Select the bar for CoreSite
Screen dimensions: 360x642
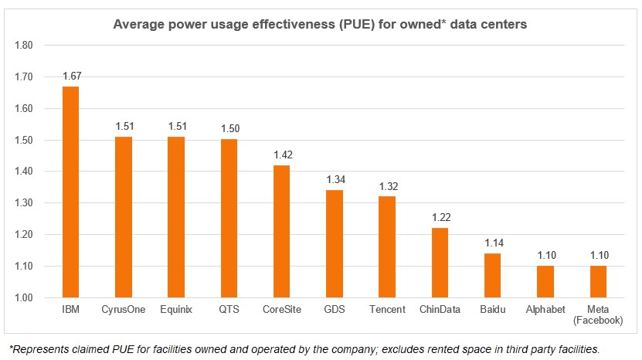pyautogui.click(x=281, y=231)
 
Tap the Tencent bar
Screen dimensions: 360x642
pyautogui.click(x=386, y=246)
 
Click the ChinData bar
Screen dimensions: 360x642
pyautogui.click(x=440, y=263)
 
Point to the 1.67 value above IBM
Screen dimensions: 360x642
pyautogui.click(x=71, y=76)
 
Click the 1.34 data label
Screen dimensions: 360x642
pyautogui.click(x=335, y=180)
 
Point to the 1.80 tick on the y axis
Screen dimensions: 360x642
pyautogui.click(x=24, y=46)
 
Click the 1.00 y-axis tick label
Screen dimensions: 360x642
pyautogui.click(x=24, y=298)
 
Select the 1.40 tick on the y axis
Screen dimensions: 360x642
pyautogui.click(x=24, y=172)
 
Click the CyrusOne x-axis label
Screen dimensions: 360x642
pyautogui.click(x=124, y=311)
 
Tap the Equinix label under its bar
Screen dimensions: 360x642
pyautogui.click(x=176, y=311)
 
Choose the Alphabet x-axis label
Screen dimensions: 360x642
pyautogui.click(x=545, y=311)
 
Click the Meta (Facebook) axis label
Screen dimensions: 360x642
pyautogui.click(x=598, y=315)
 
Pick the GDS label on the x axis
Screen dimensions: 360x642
pyautogui.click(x=335, y=311)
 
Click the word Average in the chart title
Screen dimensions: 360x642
pyautogui.click(x=137, y=24)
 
